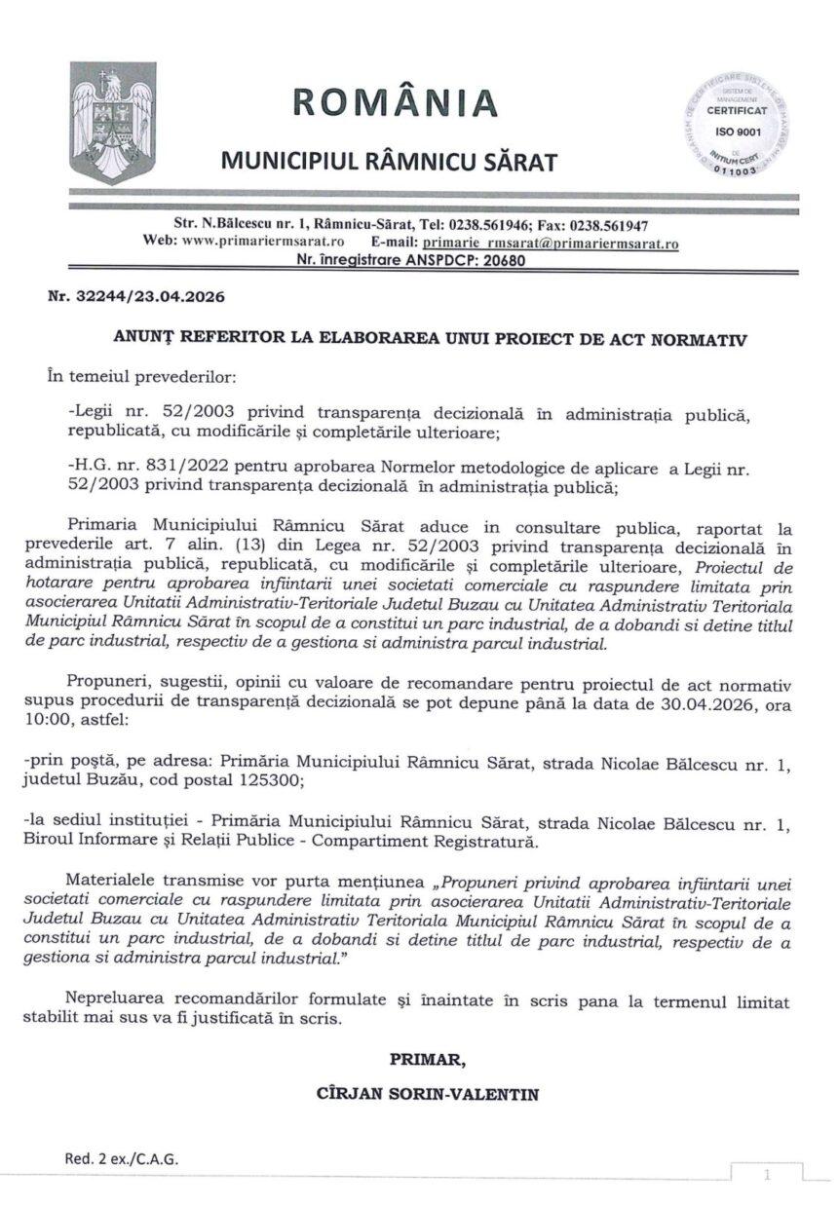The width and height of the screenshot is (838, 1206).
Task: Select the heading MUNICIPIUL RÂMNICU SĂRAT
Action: coord(389,158)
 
